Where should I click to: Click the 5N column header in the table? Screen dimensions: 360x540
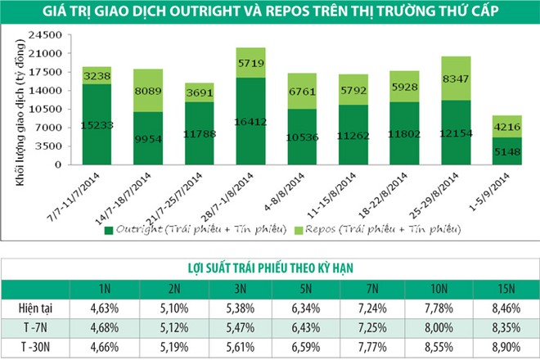click(310, 289)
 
